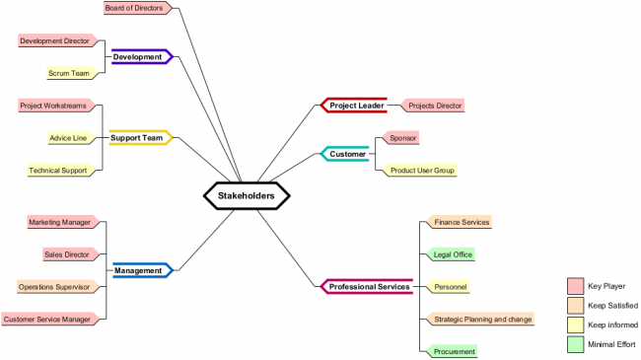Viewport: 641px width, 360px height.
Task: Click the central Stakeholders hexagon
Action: [246, 195]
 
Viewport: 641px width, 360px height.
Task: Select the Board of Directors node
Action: [136, 8]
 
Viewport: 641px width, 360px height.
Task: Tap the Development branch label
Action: [138, 57]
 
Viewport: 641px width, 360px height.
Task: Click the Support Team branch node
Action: [137, 138]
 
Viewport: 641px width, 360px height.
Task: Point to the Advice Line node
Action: [72, 138]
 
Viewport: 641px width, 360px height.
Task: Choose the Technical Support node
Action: [60, 170]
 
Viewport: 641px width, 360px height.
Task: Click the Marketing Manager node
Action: [60, 222]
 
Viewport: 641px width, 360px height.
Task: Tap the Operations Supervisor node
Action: [56, 287]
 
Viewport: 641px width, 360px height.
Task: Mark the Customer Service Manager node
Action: [48, 319]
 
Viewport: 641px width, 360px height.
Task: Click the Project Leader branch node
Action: [356, 106]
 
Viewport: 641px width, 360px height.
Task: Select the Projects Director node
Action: [434, 106]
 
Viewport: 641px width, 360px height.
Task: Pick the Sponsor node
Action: [402, 138]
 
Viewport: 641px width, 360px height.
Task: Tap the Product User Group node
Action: [422, 170]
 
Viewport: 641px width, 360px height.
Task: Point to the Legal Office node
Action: [453, 254]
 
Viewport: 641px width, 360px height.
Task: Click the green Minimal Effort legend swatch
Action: [575, 344]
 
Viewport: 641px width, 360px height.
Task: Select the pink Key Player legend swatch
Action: [575, 286]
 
